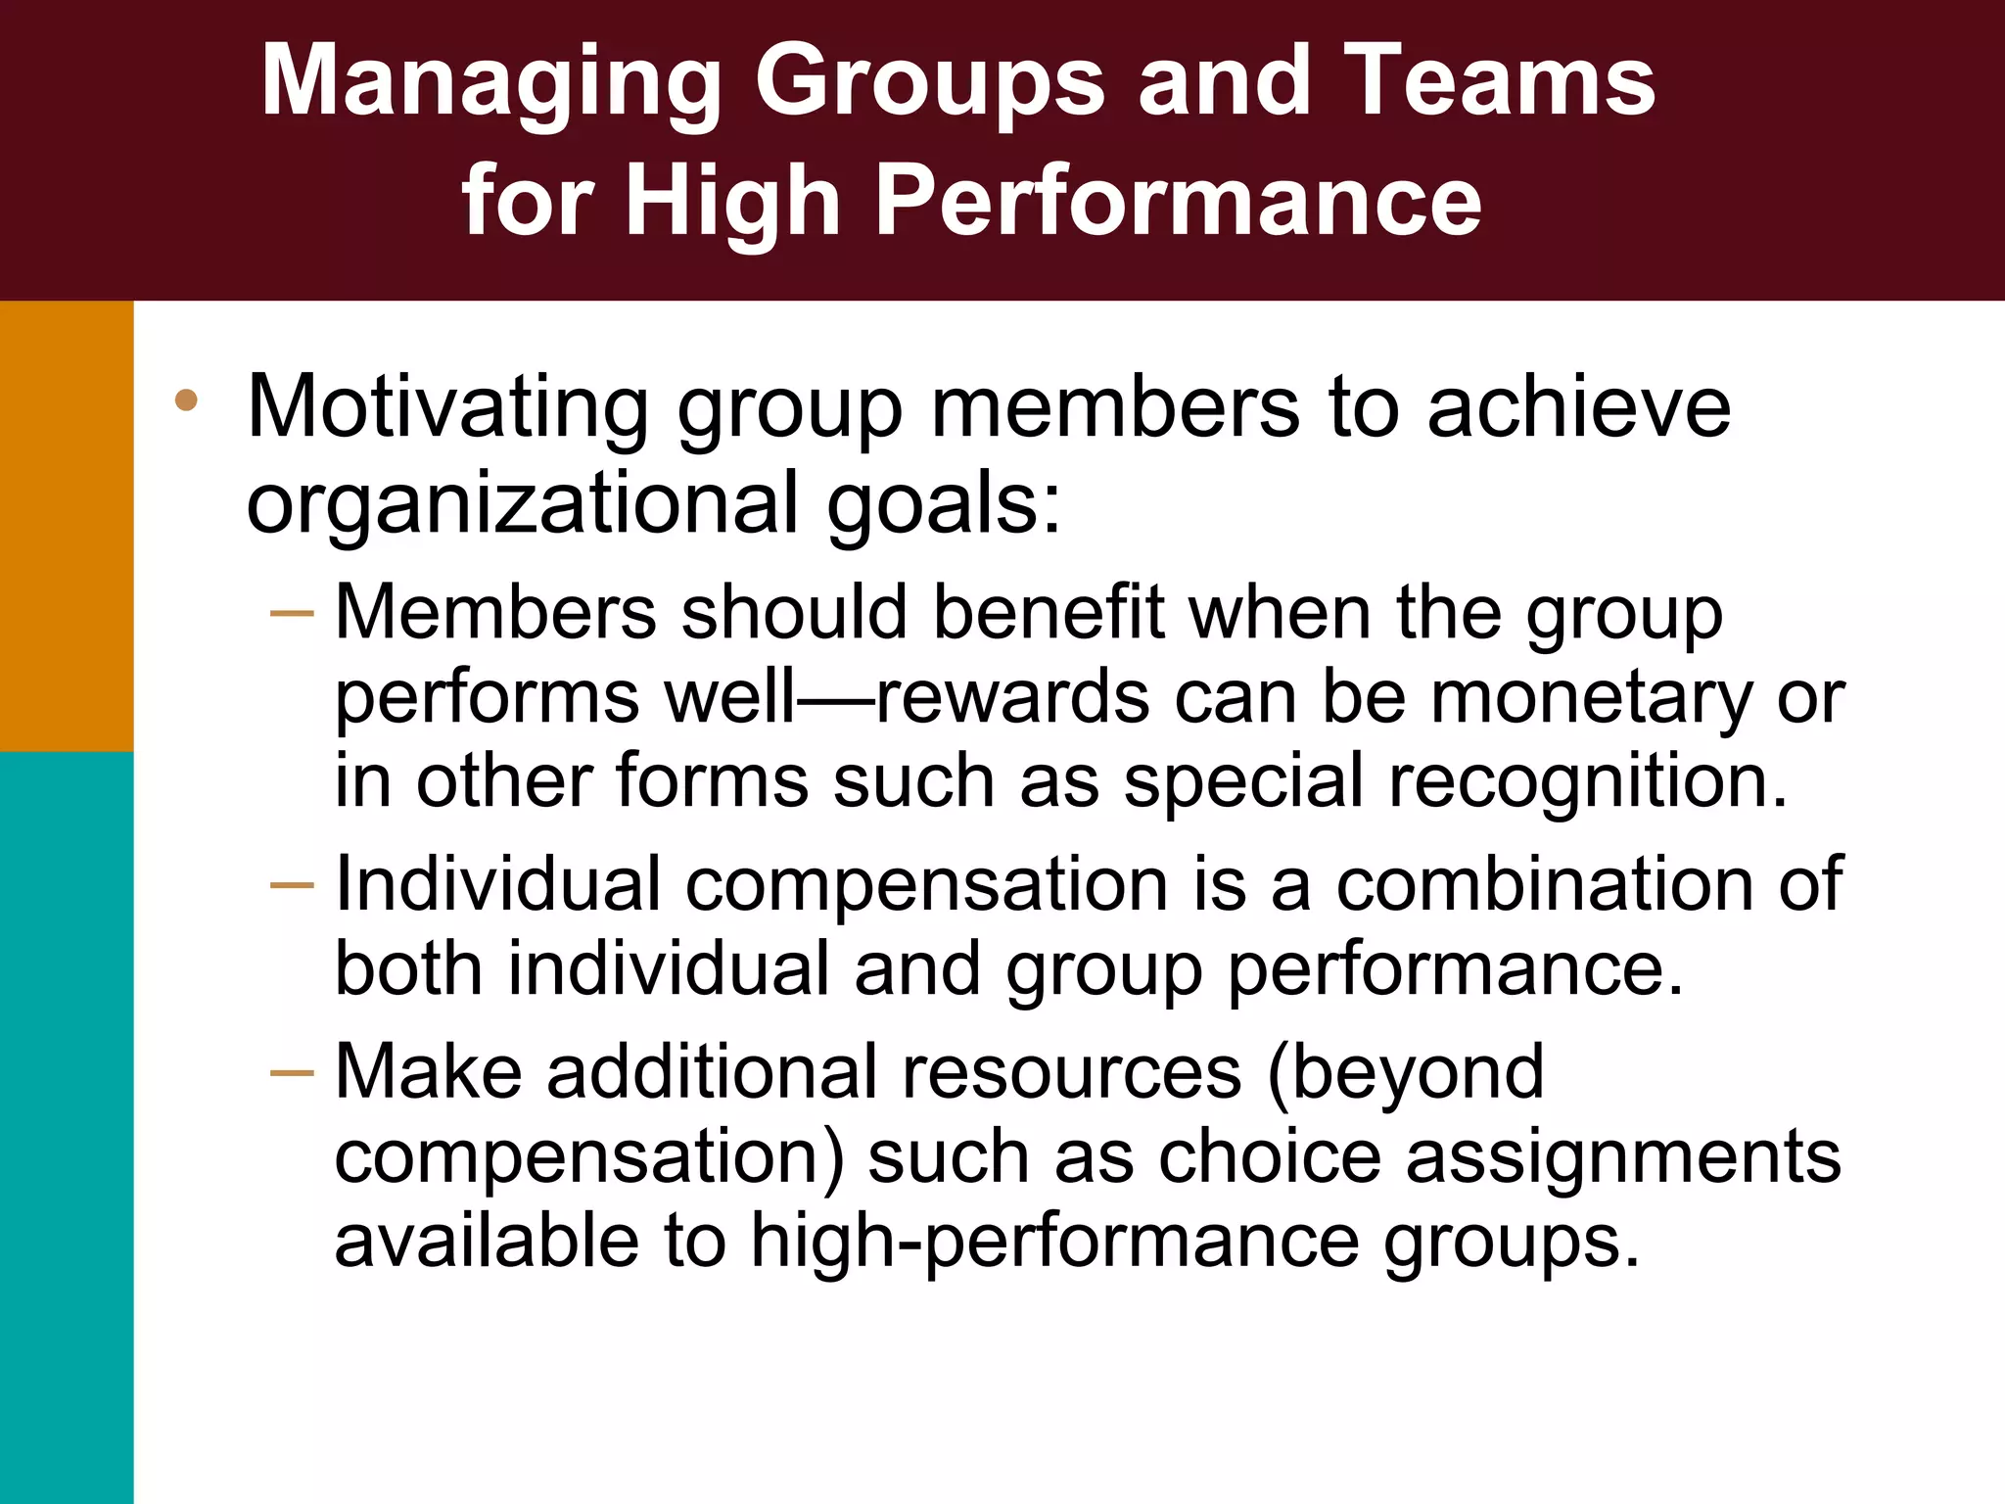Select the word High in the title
(733, 202)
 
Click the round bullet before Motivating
(186, 400)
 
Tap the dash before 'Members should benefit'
(292, 614)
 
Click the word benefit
(1048, 613)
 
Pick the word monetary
(1591, 697)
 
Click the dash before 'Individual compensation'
(292, 886)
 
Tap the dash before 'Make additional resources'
(292, 1073)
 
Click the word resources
(1072, 1073)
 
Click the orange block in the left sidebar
(67, 526)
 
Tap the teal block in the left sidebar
(67, 1126)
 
